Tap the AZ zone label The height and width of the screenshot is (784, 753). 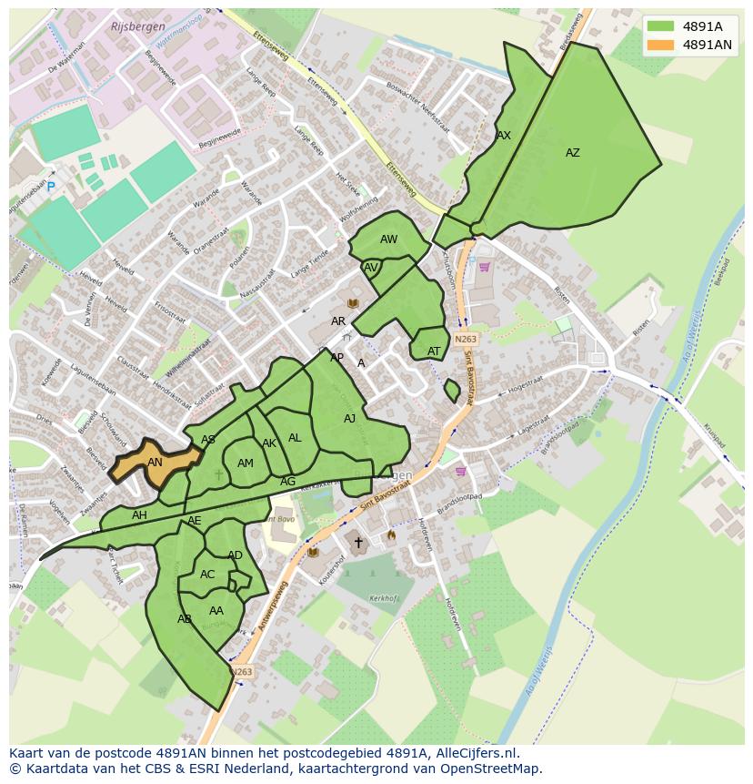(x=572, y=153)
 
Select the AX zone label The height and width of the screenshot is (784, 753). (x=503, y=135)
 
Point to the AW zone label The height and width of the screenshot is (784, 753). (x=388, y=239)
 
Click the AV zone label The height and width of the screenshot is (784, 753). (x=370, y=268)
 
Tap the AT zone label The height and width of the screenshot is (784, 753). (x=434, y=351)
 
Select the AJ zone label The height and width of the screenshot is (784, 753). (x=349, y=419)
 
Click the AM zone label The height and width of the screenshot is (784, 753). (x=245, y=463)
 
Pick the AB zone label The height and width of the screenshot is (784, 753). (x=185, y=619)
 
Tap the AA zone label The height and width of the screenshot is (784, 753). (x=216, y=611)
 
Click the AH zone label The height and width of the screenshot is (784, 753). (x=139, y=515)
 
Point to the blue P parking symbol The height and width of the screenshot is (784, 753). (x=51, y=188)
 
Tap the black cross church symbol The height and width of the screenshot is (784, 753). (x=358, y=543)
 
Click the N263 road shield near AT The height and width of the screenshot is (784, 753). (x=466, y=339)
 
